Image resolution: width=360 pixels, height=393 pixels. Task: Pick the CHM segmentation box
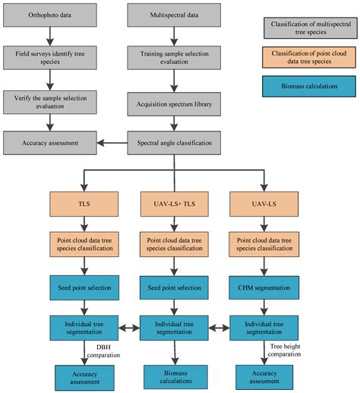coord(263,288)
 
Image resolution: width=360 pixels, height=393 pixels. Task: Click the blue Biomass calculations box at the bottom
coord(174,376)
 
